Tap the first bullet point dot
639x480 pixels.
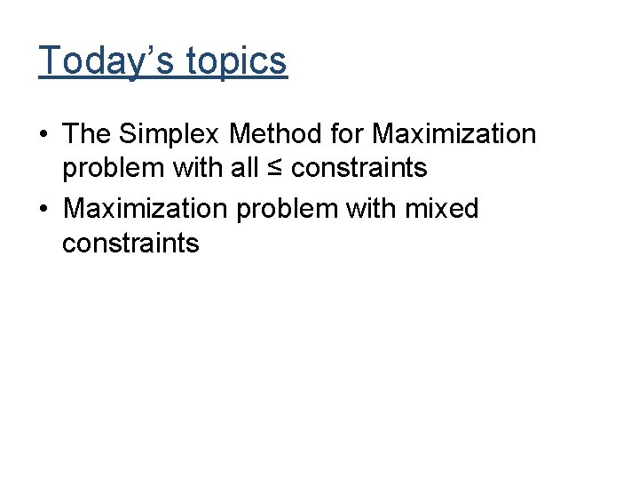tap(43, 135)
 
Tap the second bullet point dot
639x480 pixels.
tap(43, 210)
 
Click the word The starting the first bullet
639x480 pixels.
tap(86, 134)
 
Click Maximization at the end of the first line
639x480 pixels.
tap(454, 134)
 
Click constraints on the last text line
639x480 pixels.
tap(130, 244)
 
